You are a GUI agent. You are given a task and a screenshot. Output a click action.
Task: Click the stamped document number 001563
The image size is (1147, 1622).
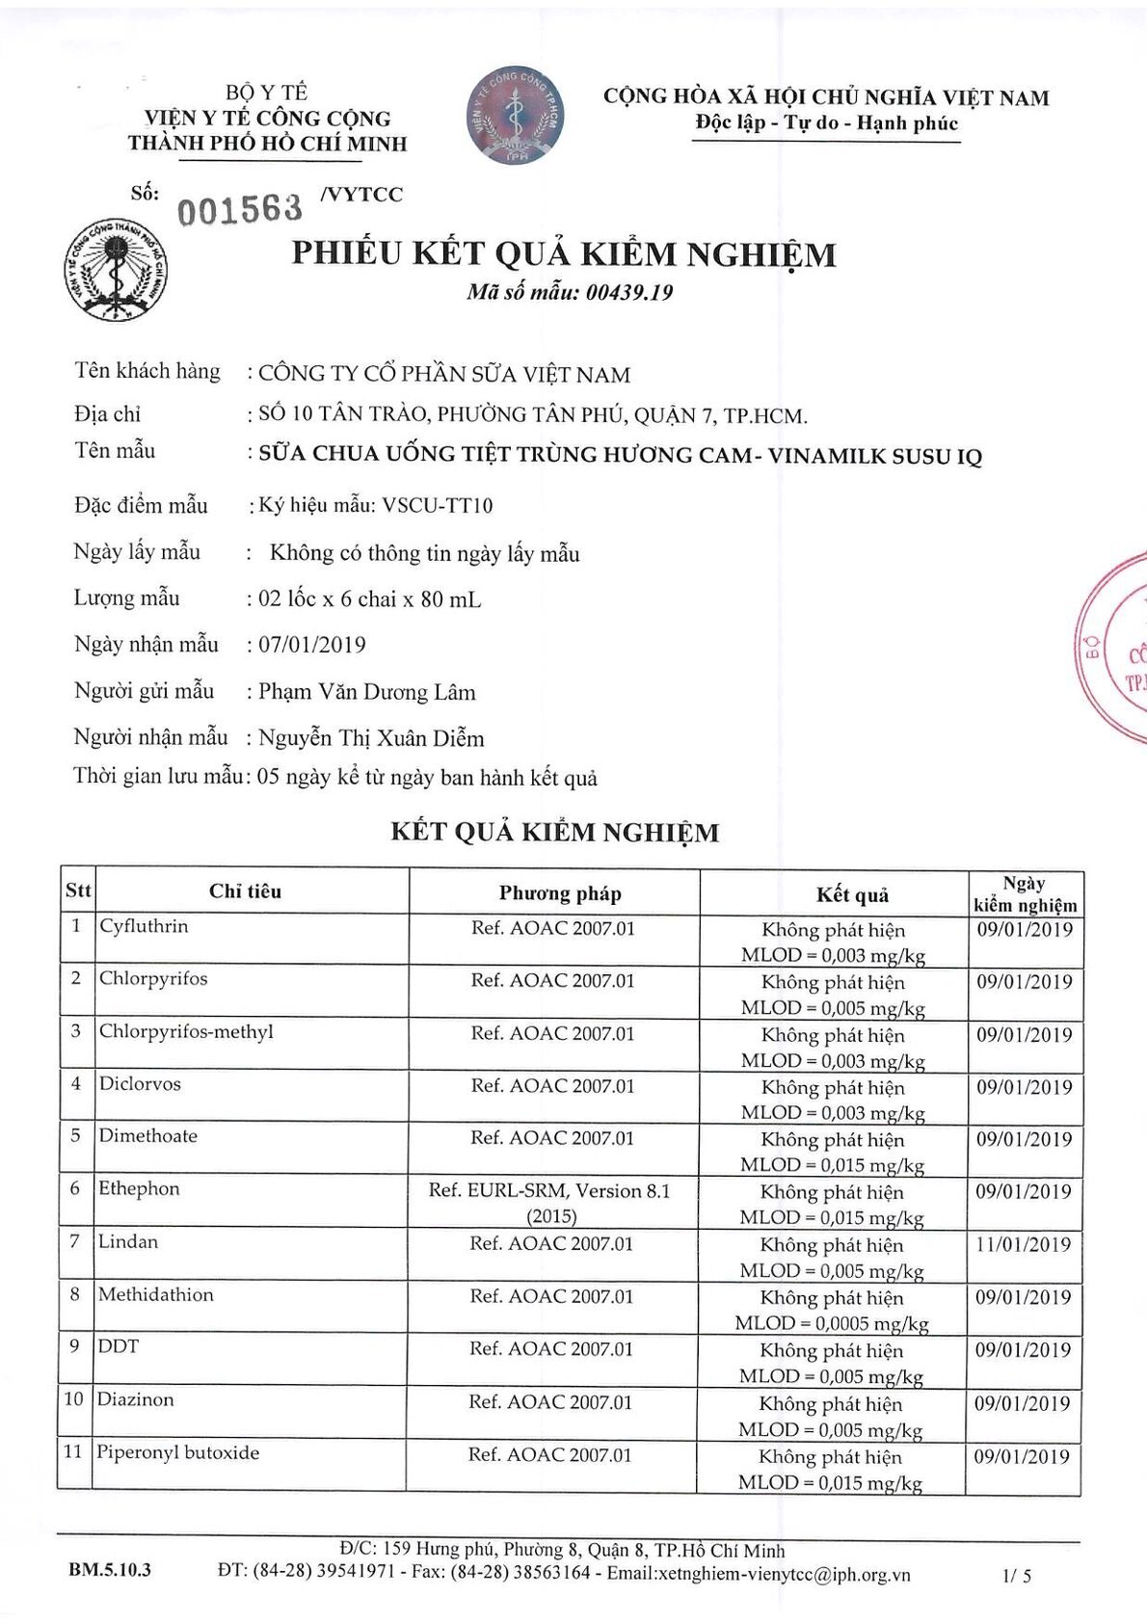[x=239, y=207]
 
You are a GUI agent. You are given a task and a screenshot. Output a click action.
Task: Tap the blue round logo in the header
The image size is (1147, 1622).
[x=515, y=116]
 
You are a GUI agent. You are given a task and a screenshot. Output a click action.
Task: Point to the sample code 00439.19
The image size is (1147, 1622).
[x=628, y=293]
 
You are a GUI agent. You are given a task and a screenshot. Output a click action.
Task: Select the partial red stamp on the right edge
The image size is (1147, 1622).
[x=1114, y=646]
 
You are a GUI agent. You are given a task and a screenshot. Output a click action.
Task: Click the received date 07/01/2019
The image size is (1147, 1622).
[x=312, y=645]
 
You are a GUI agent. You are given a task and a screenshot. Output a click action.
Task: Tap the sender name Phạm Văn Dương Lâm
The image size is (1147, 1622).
[x=366, y=692]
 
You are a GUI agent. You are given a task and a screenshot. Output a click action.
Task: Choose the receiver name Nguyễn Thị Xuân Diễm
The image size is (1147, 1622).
[x=371, y=738]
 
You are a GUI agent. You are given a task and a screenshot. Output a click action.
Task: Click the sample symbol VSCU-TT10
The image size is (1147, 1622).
[x=438, y=505]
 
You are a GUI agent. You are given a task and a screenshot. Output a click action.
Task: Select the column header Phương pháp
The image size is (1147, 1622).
[x=560, y=893]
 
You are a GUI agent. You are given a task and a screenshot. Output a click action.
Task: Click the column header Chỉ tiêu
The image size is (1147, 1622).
[x=245, y=891]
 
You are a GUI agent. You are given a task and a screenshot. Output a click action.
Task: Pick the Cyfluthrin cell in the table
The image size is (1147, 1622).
[x=144, y=926]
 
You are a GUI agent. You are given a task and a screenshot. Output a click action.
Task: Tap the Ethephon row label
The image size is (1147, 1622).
[x=139, y=1188]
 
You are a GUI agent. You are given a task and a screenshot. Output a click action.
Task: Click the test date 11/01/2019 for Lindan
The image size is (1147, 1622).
[x=1023, y=1244]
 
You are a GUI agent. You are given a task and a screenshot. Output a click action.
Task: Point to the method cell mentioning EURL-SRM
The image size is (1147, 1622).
[x=549, y=1202]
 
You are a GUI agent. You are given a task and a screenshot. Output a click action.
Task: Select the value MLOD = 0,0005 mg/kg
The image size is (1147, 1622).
[x=831, y=1323]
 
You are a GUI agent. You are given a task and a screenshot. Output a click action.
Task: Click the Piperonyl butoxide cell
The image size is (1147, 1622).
[x=177, y=1452]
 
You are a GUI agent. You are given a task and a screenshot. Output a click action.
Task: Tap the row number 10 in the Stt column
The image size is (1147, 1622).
[x=74, y=1399]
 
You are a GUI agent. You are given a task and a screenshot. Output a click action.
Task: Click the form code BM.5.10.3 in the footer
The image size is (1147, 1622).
[x=110, y=1570]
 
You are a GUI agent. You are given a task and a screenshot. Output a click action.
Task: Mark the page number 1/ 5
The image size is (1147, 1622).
[x=1017, y=1576]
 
